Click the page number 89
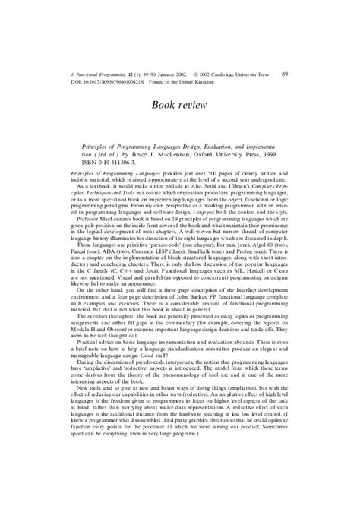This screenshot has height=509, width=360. coord(285,74)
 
